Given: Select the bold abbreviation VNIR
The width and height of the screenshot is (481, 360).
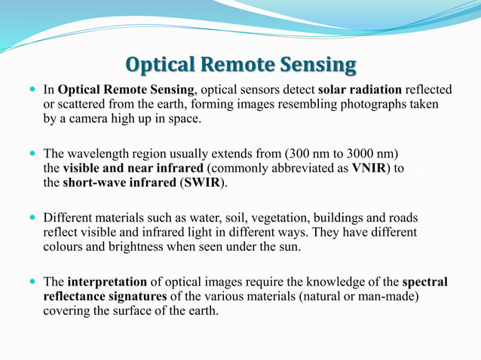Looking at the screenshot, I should (x=368, y=167).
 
